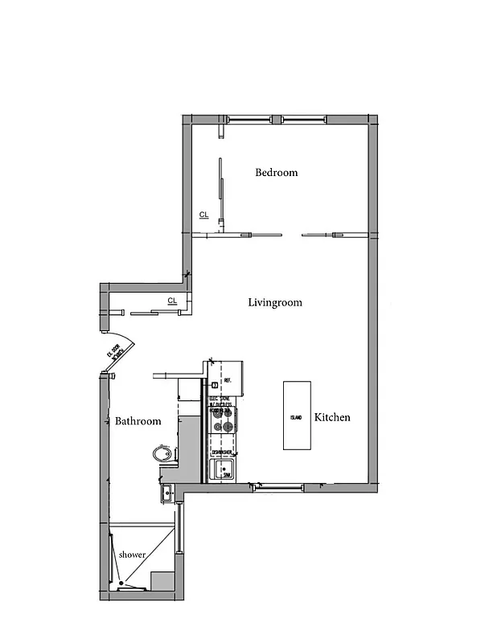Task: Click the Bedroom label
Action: click(276, 172)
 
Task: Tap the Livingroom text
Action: click(274, 302)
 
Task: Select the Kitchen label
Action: click(331, 417)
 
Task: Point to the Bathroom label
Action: click(138, 420)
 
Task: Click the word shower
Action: click(132, 555)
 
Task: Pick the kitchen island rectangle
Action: click(296, 415)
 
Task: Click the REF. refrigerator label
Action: click(228, 380)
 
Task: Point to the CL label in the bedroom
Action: click(203, 215)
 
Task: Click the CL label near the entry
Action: click(171, 301)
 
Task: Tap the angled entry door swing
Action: click(120, 354)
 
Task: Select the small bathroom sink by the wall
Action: click(166, 493)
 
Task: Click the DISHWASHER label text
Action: click(223, 453)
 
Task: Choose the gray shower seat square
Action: click(163, 581)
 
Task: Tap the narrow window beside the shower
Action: click(105, 555)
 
